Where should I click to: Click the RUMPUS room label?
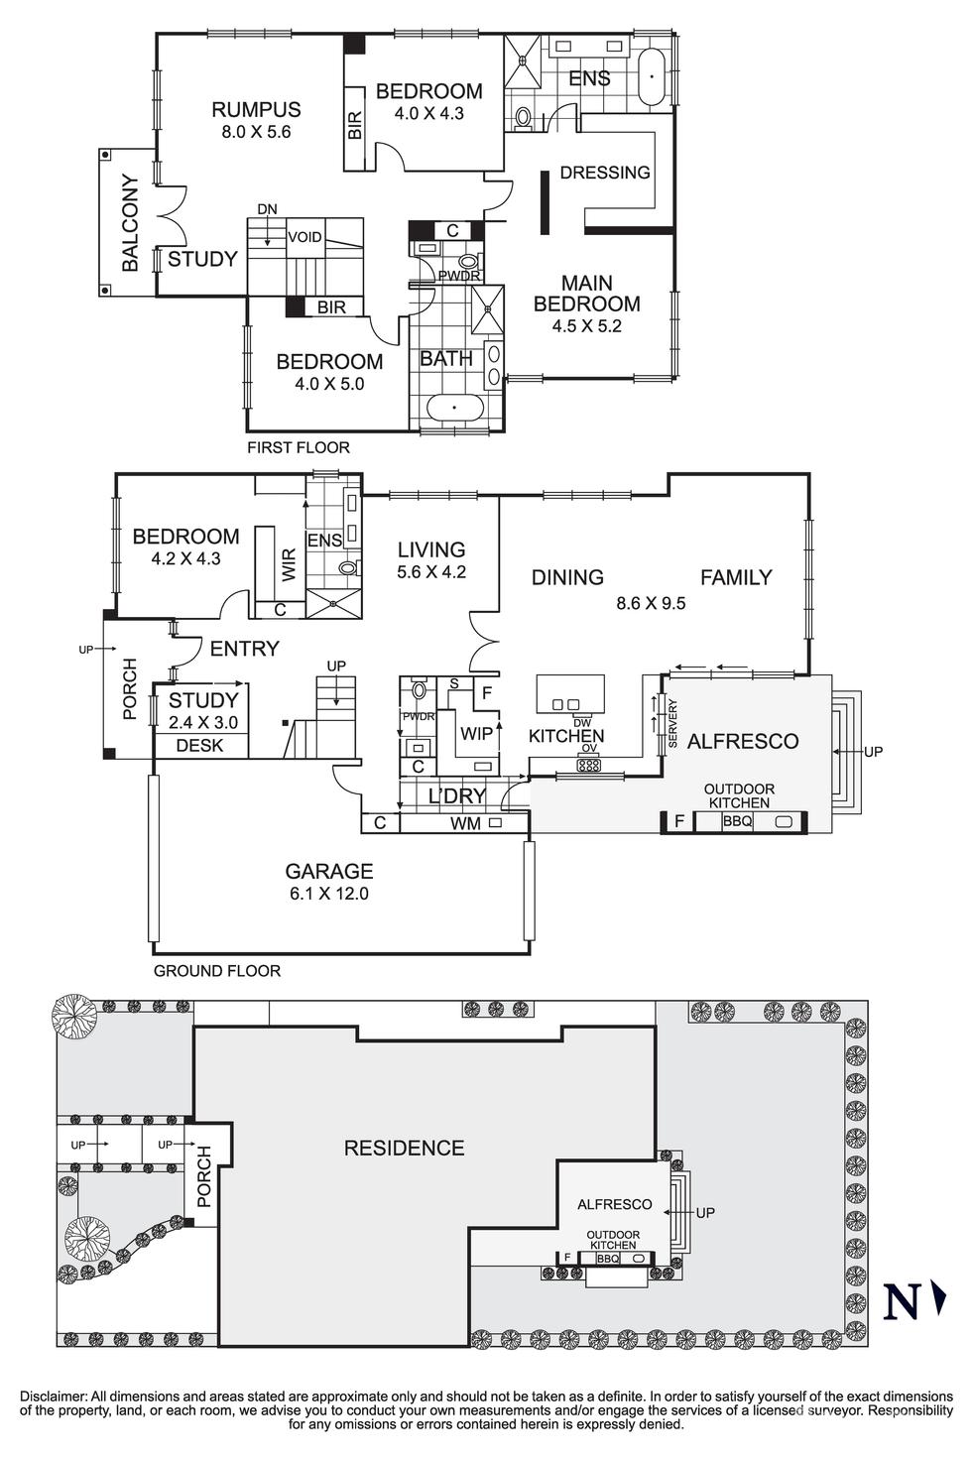point(256,110)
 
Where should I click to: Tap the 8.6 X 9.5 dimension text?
point(651,602)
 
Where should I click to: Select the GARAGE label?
point(329,872)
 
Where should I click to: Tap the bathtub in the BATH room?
point(454,408)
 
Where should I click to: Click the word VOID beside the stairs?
point(304,237)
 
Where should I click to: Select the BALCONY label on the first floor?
point(130,223)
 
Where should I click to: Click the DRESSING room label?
point(605,173)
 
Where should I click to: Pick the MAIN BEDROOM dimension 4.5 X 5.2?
point(586,326)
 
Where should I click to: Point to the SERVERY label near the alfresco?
point(672,724)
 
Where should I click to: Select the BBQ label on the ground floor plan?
point(737,822)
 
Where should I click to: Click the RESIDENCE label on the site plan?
point(404,1149)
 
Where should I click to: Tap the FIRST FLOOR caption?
point(299,447)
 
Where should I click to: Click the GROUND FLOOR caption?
point(217,971)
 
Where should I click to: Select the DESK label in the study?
point(199,746)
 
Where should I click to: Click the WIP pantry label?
point(476,735)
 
